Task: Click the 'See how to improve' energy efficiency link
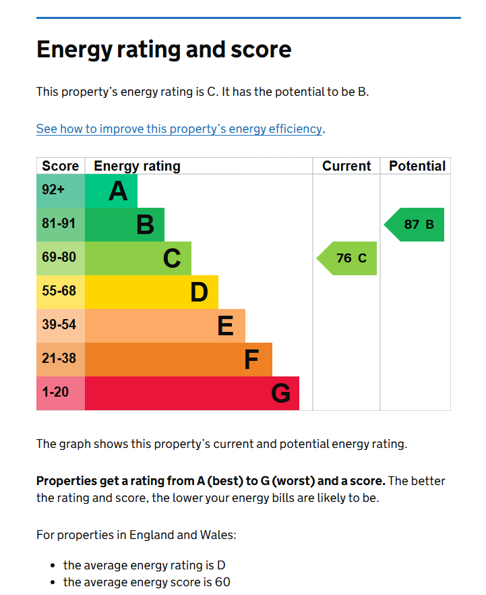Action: tap(179, 129)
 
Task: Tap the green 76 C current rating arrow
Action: tap(347, 258)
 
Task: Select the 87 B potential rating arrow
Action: tap(414, 225)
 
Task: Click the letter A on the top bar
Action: tap(118, 191)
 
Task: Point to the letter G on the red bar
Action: tap(281, 393)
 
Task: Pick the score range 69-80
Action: tap(59, 257)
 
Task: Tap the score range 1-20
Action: tap(55, 392)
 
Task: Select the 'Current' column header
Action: tap(346, 166)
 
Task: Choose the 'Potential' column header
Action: tap(417, 166)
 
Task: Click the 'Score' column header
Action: tap(61, 166)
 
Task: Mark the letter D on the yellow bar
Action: tap(200, 292)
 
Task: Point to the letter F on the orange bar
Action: tap(251, 360)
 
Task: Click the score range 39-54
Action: tap(59, 325)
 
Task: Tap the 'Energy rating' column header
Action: tap(138, 167)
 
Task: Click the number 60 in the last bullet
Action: tap(222, 582)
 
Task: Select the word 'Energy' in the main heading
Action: tap(75, 50)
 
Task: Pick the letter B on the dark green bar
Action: tap(146, 225)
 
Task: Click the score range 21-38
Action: tap(59, 359)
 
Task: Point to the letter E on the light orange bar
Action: tap(226, 326)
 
